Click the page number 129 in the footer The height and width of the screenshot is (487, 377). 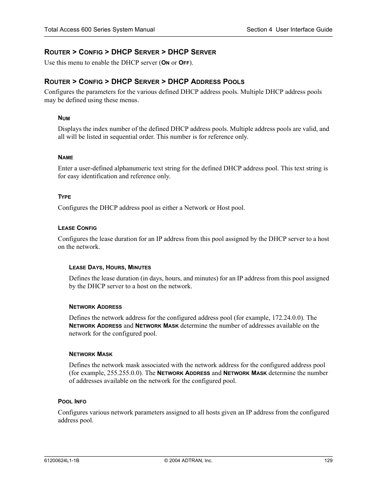[x=328, y=460]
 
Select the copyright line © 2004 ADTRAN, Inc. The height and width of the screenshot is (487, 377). [x=188, y=460]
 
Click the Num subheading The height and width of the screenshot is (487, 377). [x=64, y=118]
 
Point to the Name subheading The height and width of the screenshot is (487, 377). [x=66, y=157]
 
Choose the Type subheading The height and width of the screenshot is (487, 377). [x=64, y=197]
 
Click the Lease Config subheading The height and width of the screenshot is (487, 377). [x=77, y=228]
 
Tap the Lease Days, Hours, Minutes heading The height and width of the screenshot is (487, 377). [x=110, y=267]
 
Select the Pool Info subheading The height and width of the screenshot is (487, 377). [x=72, y=401]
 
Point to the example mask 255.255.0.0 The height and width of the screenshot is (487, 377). [x=123, y=373]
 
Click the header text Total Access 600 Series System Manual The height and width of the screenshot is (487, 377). [x=99, y=30]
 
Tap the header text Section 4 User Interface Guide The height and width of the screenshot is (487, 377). [x=289, y=30]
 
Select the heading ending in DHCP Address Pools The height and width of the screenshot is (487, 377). [x=144, y=82]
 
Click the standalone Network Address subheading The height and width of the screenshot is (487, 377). [x=95, y=307]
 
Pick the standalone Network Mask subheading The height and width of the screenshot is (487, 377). [x=90, y=354]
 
